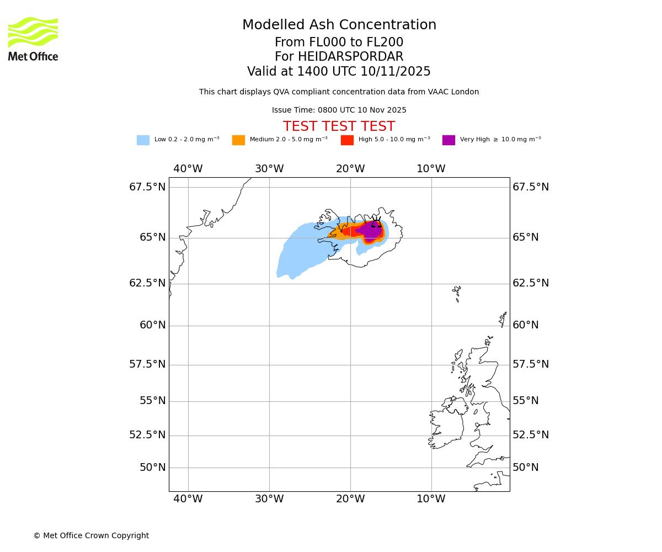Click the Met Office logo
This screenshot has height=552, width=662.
[x=33, y=39]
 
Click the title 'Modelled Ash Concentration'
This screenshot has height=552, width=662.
[x=339, y=25]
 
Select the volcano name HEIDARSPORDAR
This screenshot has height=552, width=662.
[x=351, y=57]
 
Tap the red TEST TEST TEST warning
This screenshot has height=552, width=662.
[x=339, y=126]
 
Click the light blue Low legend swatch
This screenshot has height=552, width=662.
[x=143, y=140]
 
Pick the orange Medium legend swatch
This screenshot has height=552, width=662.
[x=238, y=140]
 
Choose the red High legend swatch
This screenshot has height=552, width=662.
[x=347, y=140]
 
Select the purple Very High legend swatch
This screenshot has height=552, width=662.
[x=449, y=140]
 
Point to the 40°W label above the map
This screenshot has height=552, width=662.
[x=188, y=169]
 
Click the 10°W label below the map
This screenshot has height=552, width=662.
[x=431, y=499]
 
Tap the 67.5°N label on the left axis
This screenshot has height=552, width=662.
[x=147, y=187]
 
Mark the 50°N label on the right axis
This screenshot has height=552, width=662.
[x=525, y=468]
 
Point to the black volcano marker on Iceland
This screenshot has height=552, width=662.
[x=376, y=224]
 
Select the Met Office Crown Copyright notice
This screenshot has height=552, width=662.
[x=91, y=535]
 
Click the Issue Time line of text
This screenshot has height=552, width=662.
[x=339, y=110]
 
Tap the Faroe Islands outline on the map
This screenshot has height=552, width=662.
[x=457, y=291]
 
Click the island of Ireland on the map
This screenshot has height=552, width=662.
[x=446, y=425]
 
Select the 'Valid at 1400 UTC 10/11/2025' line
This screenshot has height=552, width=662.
[x=339, y=72]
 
